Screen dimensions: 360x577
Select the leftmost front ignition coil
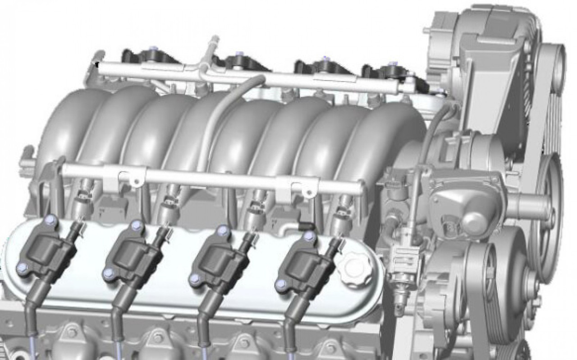point(43,252)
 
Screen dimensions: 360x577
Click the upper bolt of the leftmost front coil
point(51,220)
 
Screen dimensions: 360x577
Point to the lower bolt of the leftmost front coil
point(21,269)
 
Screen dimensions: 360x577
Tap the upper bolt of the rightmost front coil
point(308,236)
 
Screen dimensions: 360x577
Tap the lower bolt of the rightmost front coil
point(281,284)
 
